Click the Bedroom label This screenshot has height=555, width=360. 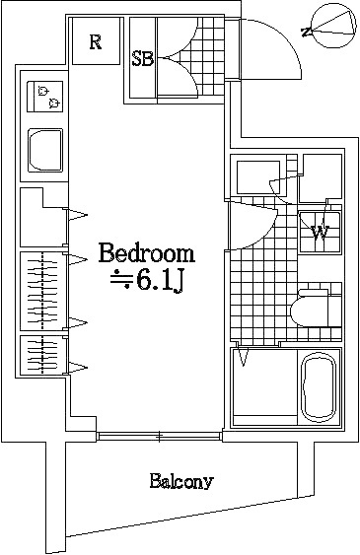coord(147,252)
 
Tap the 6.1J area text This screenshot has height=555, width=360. coord(160,281)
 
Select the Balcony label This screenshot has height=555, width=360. coord(181,481)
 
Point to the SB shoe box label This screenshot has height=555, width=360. coord(143,59)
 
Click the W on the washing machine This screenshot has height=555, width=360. coord(321,232)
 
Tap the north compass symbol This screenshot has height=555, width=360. coord(334,26)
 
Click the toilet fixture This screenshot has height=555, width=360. coord(312,307)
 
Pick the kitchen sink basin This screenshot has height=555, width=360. coord(45,150)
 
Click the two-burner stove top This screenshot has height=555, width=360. coord(45,97)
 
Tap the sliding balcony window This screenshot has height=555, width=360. coord(160,436)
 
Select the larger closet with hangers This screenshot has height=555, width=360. coord(42,291)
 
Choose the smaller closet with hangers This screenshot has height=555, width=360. coord(42,355)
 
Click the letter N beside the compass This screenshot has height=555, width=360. coord(307,33)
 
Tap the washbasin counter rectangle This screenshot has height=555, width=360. coord(258,177)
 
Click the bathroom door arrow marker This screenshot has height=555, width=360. coord(243,357)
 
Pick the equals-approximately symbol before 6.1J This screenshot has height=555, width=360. coord(118,281)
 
